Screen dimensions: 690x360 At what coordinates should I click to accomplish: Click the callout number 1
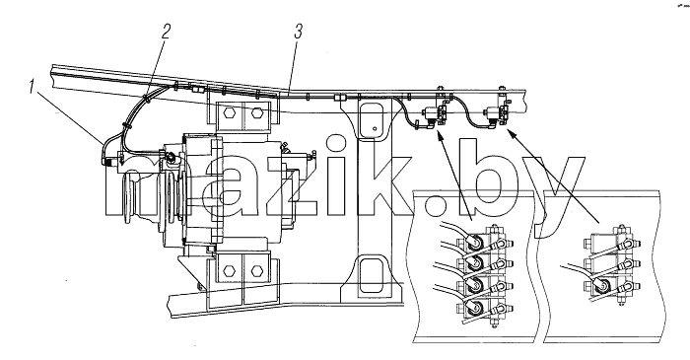(x=32, y=87)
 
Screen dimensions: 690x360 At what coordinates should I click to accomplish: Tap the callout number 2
(x=165, y=32)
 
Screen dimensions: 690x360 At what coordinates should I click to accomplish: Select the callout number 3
(x=298, y=32)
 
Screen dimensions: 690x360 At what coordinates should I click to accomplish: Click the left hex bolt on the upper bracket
(x=229, y=113)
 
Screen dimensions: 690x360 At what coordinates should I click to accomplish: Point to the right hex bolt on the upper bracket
(x=256, y=113)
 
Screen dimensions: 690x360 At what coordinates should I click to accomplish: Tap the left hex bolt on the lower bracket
(x=229, y=271)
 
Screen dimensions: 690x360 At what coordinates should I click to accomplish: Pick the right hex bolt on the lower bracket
(x=256, y=271)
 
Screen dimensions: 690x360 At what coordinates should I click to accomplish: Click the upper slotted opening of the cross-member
(x=372, y=120)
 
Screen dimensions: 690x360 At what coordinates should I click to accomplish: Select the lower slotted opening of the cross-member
(x=372, y=276)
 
